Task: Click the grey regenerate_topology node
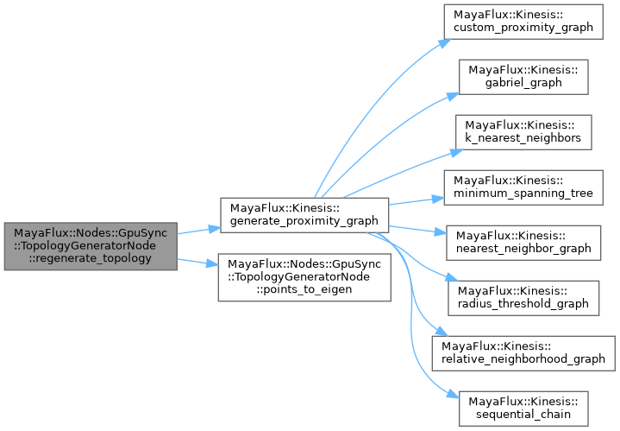pyautogui.click(x=91, y=245)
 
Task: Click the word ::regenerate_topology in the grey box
pyautogui.click(x=91, y=258)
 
